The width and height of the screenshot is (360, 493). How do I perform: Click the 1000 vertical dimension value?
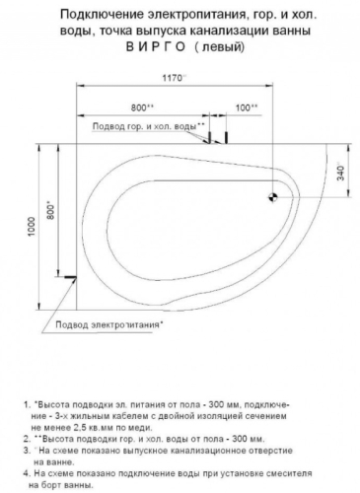pos(32,227)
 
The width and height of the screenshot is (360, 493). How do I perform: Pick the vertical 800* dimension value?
pos(51,210)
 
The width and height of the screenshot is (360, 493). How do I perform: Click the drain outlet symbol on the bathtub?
pos(272,197)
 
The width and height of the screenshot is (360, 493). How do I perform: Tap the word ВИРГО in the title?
pos(156,47)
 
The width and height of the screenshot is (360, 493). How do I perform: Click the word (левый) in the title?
pos(220,47)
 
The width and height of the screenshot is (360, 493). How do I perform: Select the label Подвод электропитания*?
pos(109,324)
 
